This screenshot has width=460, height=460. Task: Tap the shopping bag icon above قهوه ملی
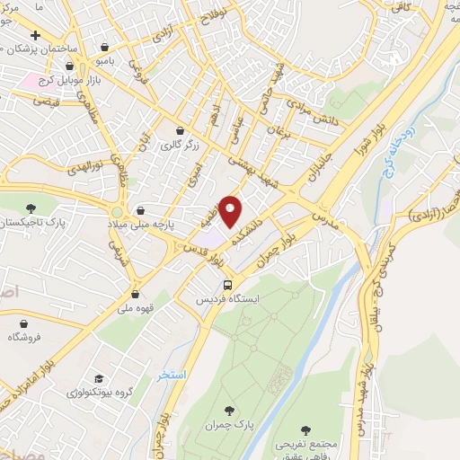tap(136, 293)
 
